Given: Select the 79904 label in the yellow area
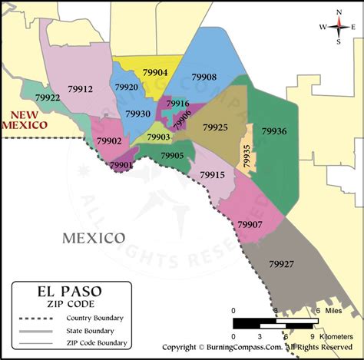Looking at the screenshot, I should (x=155, y=73).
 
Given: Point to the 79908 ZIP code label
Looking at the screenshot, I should (x=204, y=78).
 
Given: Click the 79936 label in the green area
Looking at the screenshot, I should (x=274, y=131).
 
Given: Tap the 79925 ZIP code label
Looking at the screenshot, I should (x=214, y=126).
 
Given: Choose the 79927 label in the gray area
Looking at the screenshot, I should (x=281, y=264).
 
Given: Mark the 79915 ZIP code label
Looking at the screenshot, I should (x=212, y=175).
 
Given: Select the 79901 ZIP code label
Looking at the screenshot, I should (x=121, y=165).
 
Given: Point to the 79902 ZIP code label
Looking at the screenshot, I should (x=109, y=141).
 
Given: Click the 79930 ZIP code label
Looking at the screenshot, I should (x=138, y=114).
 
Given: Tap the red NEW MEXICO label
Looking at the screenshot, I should (x=25, y=119).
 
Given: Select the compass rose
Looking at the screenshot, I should (x=335, y=26).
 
